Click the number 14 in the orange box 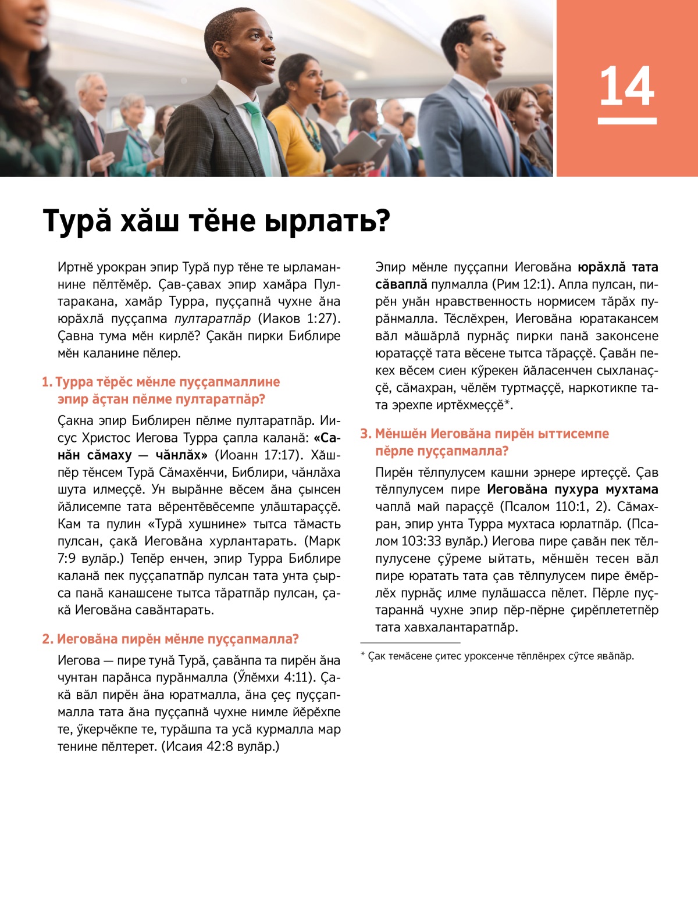tap(626, 86)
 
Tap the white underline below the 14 tap(627, 121)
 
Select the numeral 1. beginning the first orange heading tap(47, 382)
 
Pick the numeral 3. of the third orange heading tap(365, 434)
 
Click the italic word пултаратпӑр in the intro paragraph tap(212, 319)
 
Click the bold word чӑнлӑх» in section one tap(181, 455)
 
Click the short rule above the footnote tap(410, 643)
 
